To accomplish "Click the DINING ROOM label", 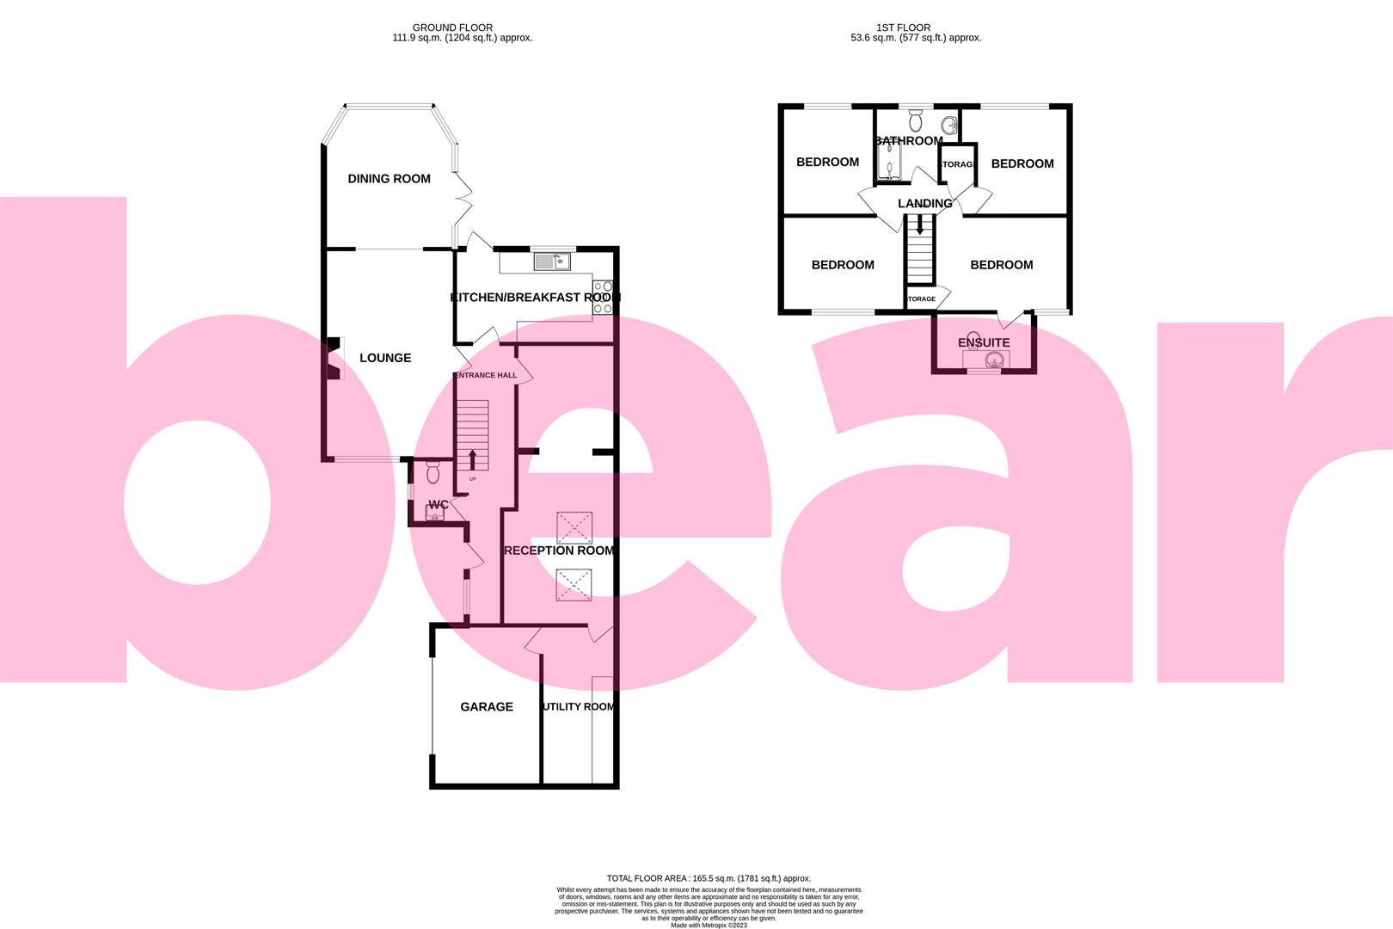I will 389,179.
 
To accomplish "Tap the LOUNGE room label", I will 385,358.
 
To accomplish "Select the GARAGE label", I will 487,707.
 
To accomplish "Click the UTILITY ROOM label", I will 578,707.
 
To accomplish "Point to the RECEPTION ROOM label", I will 559,551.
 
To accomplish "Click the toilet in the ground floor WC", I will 433,472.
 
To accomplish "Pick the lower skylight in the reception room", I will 574,585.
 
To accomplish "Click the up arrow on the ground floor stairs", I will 471,458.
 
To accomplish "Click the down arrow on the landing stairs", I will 920,226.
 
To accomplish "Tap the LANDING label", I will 925,204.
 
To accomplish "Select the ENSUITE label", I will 984,343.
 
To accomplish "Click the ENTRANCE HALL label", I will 486,375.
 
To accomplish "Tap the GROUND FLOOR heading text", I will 452,28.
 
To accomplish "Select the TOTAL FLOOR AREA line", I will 696,878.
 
